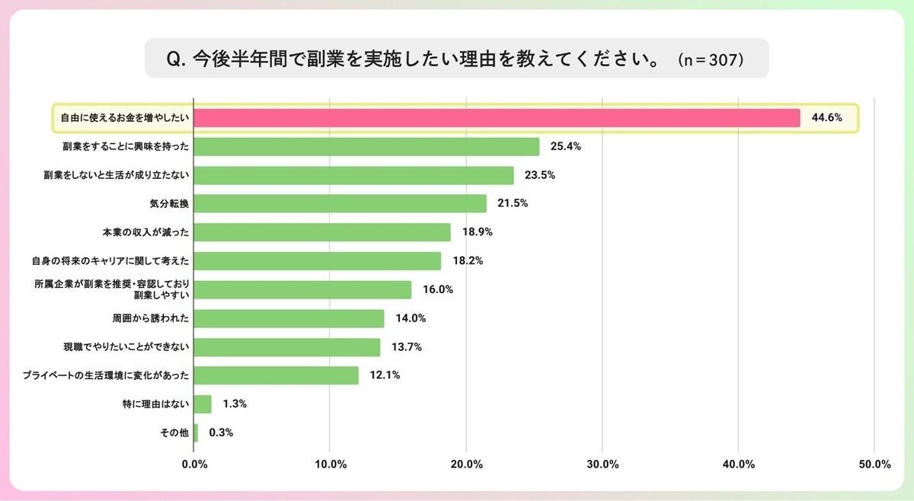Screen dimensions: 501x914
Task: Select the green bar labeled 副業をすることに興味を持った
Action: [x=366, y=146]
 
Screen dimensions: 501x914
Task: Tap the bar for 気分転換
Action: [x=340, y=203]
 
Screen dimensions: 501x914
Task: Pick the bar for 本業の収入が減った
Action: [x=322, y=232]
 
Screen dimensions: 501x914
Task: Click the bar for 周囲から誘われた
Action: [x=289, y=318]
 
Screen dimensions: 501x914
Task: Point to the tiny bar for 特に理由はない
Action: [x=203, y=404]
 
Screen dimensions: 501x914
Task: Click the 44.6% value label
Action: [x=826, y=118]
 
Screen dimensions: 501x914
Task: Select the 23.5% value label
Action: [x=540, y=175]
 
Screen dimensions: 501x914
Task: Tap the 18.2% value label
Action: [x=468, y=260]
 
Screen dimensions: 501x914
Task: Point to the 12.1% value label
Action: [x=385, y=375]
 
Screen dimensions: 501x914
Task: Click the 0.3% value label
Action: [x=220, y=432]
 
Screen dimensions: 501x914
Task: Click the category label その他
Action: [x=175, y=432]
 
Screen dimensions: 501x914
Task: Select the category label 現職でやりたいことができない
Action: [x=126, y=347]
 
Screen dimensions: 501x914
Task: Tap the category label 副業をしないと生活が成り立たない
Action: [x=116, y=175]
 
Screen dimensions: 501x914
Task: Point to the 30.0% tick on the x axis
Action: [x=602, y=464]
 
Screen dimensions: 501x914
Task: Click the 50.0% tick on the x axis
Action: [x=874, y=464]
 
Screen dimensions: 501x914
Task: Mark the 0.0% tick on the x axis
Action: [x=194, y=464]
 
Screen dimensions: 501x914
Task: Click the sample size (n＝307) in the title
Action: [x=710, y=59]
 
